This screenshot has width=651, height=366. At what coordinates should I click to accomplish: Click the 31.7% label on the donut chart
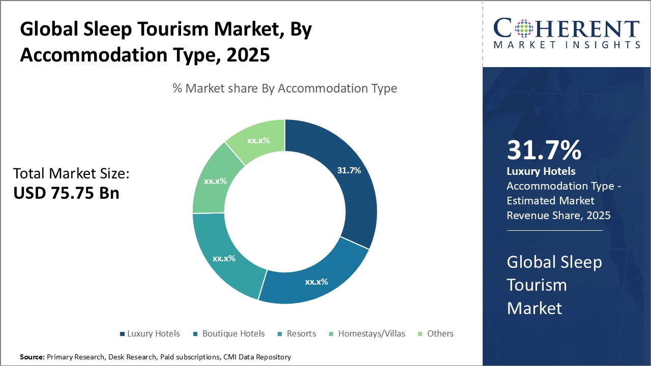tap(349, 170)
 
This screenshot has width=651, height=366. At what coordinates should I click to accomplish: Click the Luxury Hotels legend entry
tap(153, 333)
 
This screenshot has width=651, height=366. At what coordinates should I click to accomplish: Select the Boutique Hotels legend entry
tap(233, 333)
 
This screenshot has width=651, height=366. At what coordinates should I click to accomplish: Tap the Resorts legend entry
tap(301, 333)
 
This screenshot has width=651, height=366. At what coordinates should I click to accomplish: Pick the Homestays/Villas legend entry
tap(371, 333)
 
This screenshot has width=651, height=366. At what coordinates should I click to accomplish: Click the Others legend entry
tap(440, 333)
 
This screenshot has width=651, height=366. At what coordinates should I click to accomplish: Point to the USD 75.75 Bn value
tap(66, 193)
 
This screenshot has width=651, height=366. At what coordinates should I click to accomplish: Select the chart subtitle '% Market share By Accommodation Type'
tap(285, 88)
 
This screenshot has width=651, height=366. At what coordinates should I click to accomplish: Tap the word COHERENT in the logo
tap(566, 28)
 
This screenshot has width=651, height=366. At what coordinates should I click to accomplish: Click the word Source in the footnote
tap(32, 357)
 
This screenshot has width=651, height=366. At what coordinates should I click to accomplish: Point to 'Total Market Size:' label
tap(71, 173)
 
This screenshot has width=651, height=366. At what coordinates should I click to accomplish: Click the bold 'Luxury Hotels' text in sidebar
tap(541, 171)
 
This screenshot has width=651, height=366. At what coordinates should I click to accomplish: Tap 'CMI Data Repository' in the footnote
tap(257, 357)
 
